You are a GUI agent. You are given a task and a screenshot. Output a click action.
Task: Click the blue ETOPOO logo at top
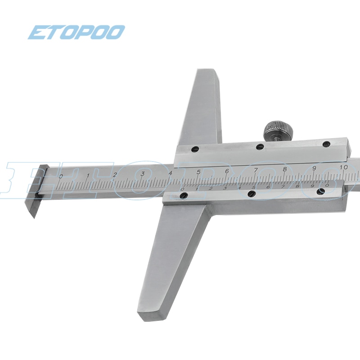click(x=76, y=32)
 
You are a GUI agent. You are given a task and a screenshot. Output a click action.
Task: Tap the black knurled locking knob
click(x=279, y=130)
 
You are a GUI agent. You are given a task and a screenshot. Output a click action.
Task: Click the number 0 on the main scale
click(x=61, y=176)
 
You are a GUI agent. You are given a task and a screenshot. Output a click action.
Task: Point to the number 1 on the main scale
click(x=88, y=175)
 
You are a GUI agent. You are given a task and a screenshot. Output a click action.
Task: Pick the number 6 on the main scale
click(x=227, y=171)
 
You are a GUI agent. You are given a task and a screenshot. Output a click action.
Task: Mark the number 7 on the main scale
click(x=256, y=170)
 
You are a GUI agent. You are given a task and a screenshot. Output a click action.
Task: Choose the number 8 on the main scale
click(x=284, y=169)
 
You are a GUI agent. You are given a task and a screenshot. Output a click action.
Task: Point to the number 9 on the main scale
click(x=314, y=168)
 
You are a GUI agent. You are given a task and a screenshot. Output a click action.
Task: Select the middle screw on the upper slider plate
click(x=260, y=147)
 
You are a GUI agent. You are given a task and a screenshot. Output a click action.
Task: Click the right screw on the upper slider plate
click(x=327, y=144)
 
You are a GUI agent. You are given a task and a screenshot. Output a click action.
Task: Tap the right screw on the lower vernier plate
click(x=320, y=191)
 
